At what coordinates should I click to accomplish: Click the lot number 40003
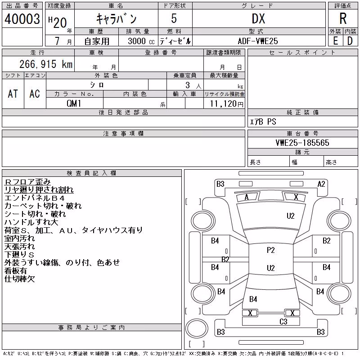click(x=22, y=19)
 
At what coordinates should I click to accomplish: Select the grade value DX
click(x=258, y=18)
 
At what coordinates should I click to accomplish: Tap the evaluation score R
click(x=343, y=18)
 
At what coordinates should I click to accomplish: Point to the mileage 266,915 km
click(x=46, y=64)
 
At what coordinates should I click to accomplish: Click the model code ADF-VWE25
click(x=258, y=41)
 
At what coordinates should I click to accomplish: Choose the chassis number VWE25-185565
click(x=302, y=143)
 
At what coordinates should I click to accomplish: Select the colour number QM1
click(x=74, y=103)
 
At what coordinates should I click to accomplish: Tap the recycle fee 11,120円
click(x=227, y=104)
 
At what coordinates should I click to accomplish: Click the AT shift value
click(x=13, y=94)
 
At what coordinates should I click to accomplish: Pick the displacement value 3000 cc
click(x=141, y=41)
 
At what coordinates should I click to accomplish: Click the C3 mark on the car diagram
click(x=283, y=321)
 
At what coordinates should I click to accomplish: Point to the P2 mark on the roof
click(x=271, y=250)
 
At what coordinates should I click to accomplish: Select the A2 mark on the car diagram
click(x=321, y=184)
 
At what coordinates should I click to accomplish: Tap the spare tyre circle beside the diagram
click(x=197, y=328)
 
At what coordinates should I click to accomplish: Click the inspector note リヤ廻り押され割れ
click(x=39, y=190)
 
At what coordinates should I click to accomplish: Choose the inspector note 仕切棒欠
click(x=20, y=279)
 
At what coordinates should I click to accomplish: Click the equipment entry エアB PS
click(x=263, y=121)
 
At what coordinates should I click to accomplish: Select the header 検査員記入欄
click(x=91, y=173)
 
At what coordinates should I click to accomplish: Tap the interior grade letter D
click(x=350, y=41)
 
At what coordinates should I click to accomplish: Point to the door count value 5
click(x=174, y=18)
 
